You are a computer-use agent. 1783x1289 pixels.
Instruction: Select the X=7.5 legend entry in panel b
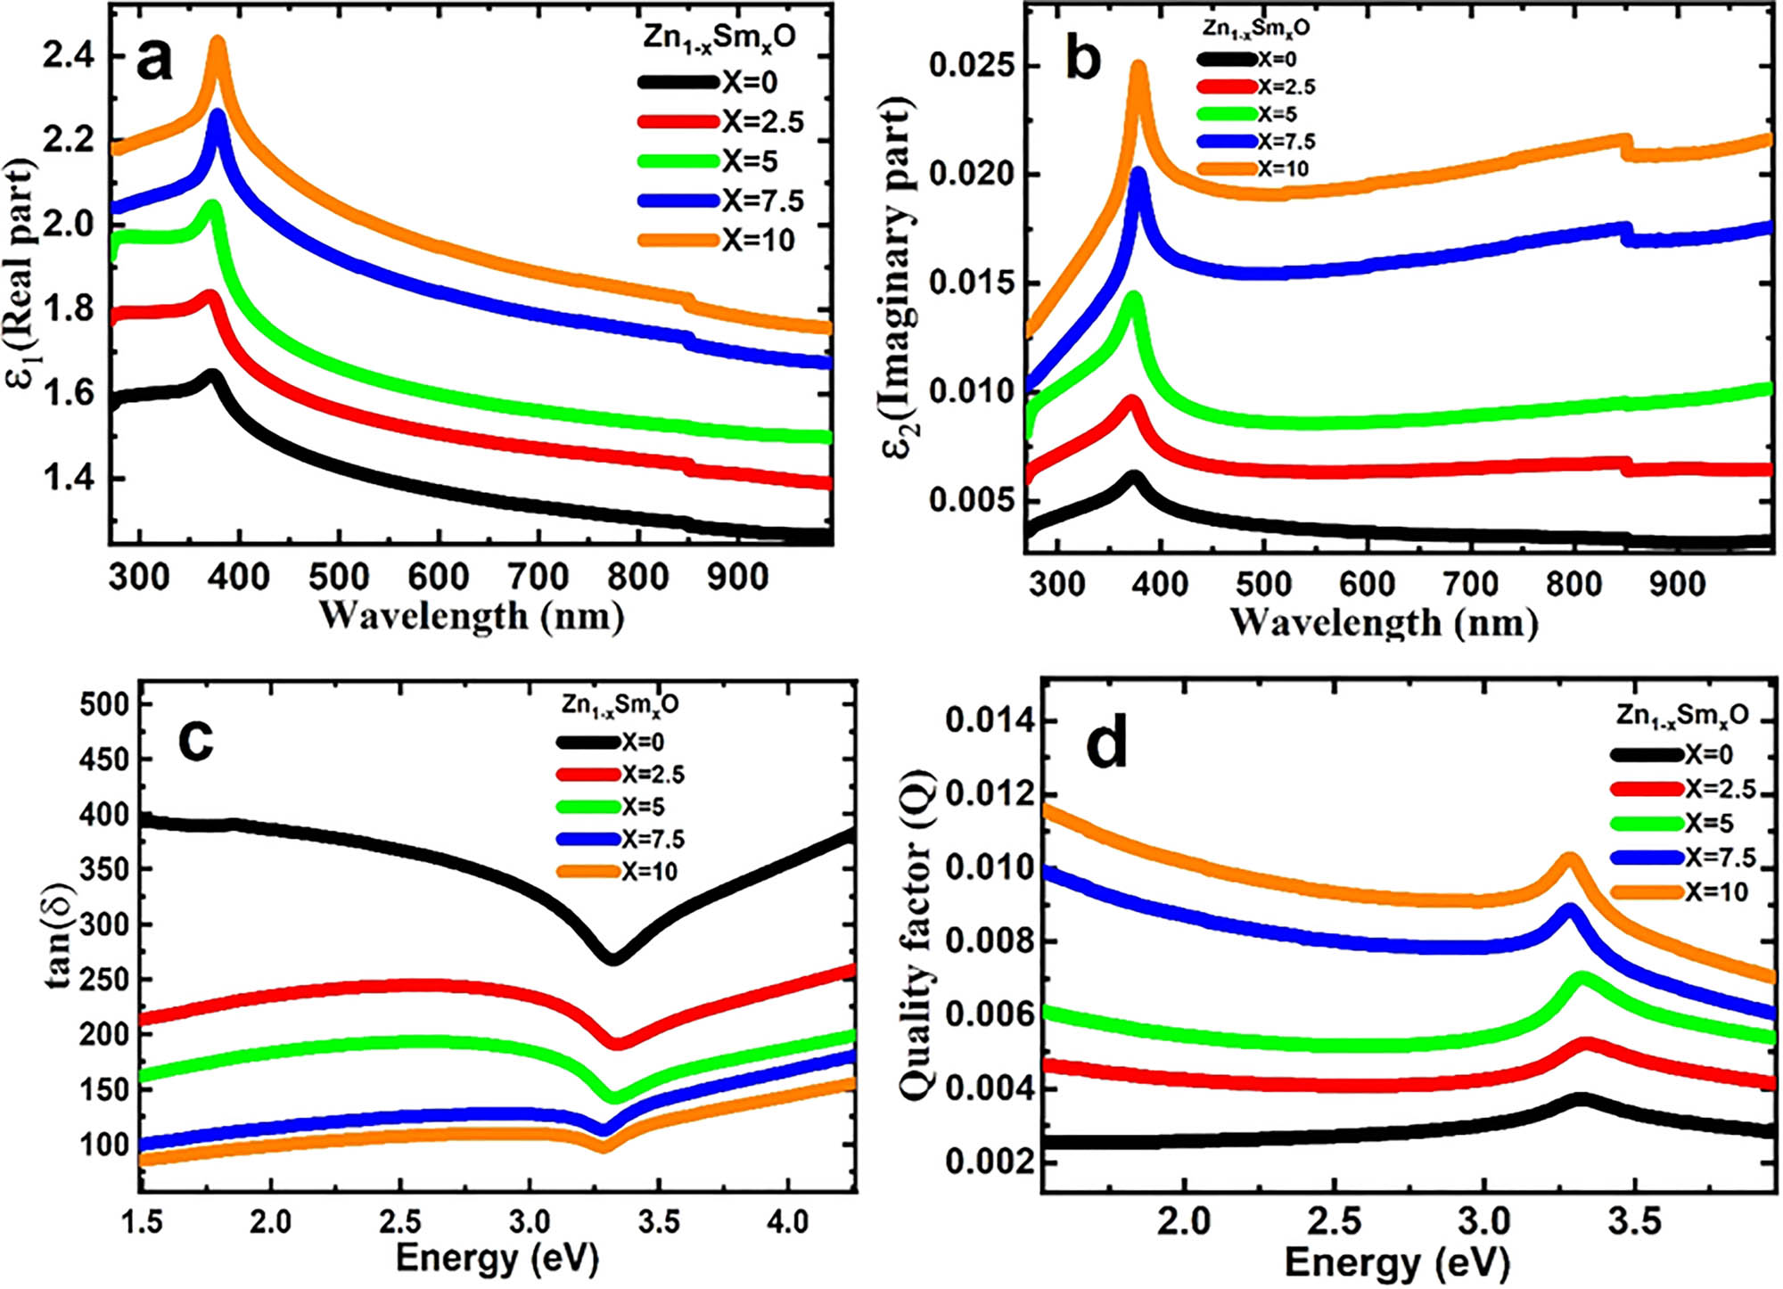pos(1257,141)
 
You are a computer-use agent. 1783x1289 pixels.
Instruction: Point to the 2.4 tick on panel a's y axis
pos(69,56)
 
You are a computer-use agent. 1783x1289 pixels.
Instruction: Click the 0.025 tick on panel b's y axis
pos(972,66)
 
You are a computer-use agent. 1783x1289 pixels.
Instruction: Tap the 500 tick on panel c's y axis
pos(104,704)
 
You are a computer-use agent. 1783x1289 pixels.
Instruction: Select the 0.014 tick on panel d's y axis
pos(990,720)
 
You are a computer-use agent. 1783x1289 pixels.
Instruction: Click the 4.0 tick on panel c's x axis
pos(788,1221)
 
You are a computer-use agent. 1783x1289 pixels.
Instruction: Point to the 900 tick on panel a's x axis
pos(737,577)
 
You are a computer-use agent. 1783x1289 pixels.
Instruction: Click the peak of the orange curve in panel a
pos(217,43)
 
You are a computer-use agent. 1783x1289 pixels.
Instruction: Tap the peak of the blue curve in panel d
pos(1570,911)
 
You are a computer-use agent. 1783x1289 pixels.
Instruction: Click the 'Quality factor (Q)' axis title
pos(918,935)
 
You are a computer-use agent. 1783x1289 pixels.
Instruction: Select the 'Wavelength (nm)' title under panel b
pos(1384,622)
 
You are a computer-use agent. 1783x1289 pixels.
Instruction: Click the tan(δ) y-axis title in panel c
pos(58,936)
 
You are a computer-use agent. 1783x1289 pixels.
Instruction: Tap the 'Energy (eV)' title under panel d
pos(1396,1262)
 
